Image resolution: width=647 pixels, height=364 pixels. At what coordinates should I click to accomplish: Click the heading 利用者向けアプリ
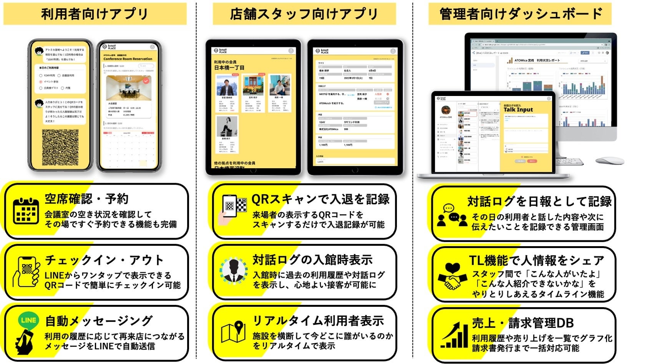(95, 14)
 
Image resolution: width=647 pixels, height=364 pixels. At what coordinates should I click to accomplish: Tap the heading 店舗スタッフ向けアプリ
(304, 14)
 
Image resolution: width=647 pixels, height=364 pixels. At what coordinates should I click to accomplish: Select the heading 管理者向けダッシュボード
(521, 14)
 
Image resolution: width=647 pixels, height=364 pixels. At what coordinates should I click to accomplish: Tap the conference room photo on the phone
(128, 88)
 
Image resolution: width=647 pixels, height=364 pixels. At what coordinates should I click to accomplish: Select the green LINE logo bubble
(29, 320)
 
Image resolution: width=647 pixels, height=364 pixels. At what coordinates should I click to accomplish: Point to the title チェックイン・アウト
(104, 260)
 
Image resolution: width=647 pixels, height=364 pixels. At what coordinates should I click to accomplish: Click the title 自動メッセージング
(99, 321)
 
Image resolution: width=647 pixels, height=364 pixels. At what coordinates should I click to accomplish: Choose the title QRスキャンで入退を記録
(320, 199)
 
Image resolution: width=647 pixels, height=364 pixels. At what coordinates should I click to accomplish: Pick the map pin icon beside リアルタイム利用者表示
(234, 331)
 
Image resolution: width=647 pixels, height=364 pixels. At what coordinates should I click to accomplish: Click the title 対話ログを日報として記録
(539, 201)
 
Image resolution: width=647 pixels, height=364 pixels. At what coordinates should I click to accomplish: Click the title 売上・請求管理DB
(523, 323)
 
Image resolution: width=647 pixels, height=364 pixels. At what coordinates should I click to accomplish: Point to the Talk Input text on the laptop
(518, 110)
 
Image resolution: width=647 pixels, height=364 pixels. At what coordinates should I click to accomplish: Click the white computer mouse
(610, 160)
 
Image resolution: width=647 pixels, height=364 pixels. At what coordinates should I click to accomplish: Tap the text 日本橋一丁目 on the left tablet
(229, 68)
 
